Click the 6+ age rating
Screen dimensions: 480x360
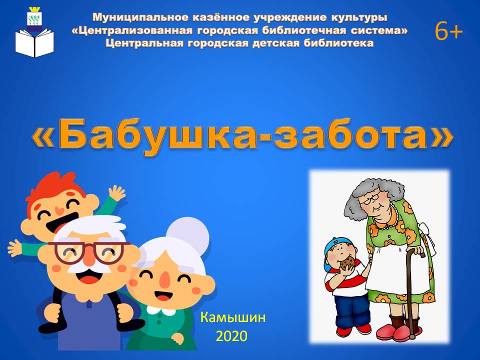pyautogui.click(x=448, y=31)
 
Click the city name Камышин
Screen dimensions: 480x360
pyautogui.click(x=233, y=318)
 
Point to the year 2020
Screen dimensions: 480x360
pyautogui.click(x=231, y=336)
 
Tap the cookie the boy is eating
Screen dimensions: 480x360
pyautogui.click(x=348, y=263)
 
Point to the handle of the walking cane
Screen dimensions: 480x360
pyautogui.click(x=416, y=251)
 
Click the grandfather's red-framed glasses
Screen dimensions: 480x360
pyautogui.click(x=89, y=252)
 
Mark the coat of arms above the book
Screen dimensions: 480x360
pyautogui.click(x=34, y=19)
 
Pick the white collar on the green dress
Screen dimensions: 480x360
pyautogui.click(x=161, y=310)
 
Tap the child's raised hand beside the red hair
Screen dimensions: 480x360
pyautogui.click(x=116, y=193)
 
